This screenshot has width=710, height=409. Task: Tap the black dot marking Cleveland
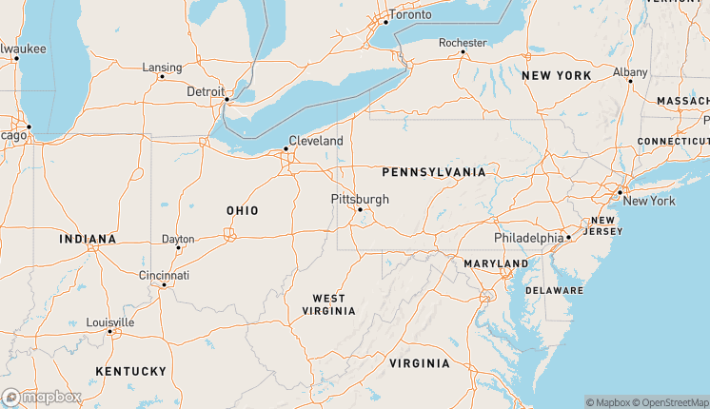286,148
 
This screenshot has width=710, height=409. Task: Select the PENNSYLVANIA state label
433,172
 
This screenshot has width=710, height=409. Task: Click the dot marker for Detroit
227,99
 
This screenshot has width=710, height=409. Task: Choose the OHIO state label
242,210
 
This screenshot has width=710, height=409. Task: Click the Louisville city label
109,322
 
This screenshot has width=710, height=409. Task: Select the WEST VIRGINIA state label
328,304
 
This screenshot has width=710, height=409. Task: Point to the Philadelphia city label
528,237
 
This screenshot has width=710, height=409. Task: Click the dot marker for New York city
620,192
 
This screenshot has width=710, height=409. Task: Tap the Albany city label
630,71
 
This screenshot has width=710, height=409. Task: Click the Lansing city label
161,68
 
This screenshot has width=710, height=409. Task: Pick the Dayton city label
178,239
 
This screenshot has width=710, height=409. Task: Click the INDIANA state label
88,239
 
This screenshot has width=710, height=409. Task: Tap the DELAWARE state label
554,289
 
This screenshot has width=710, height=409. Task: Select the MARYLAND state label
496,263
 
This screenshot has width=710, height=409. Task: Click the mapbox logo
42,397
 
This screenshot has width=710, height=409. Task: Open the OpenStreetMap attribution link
670,402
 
